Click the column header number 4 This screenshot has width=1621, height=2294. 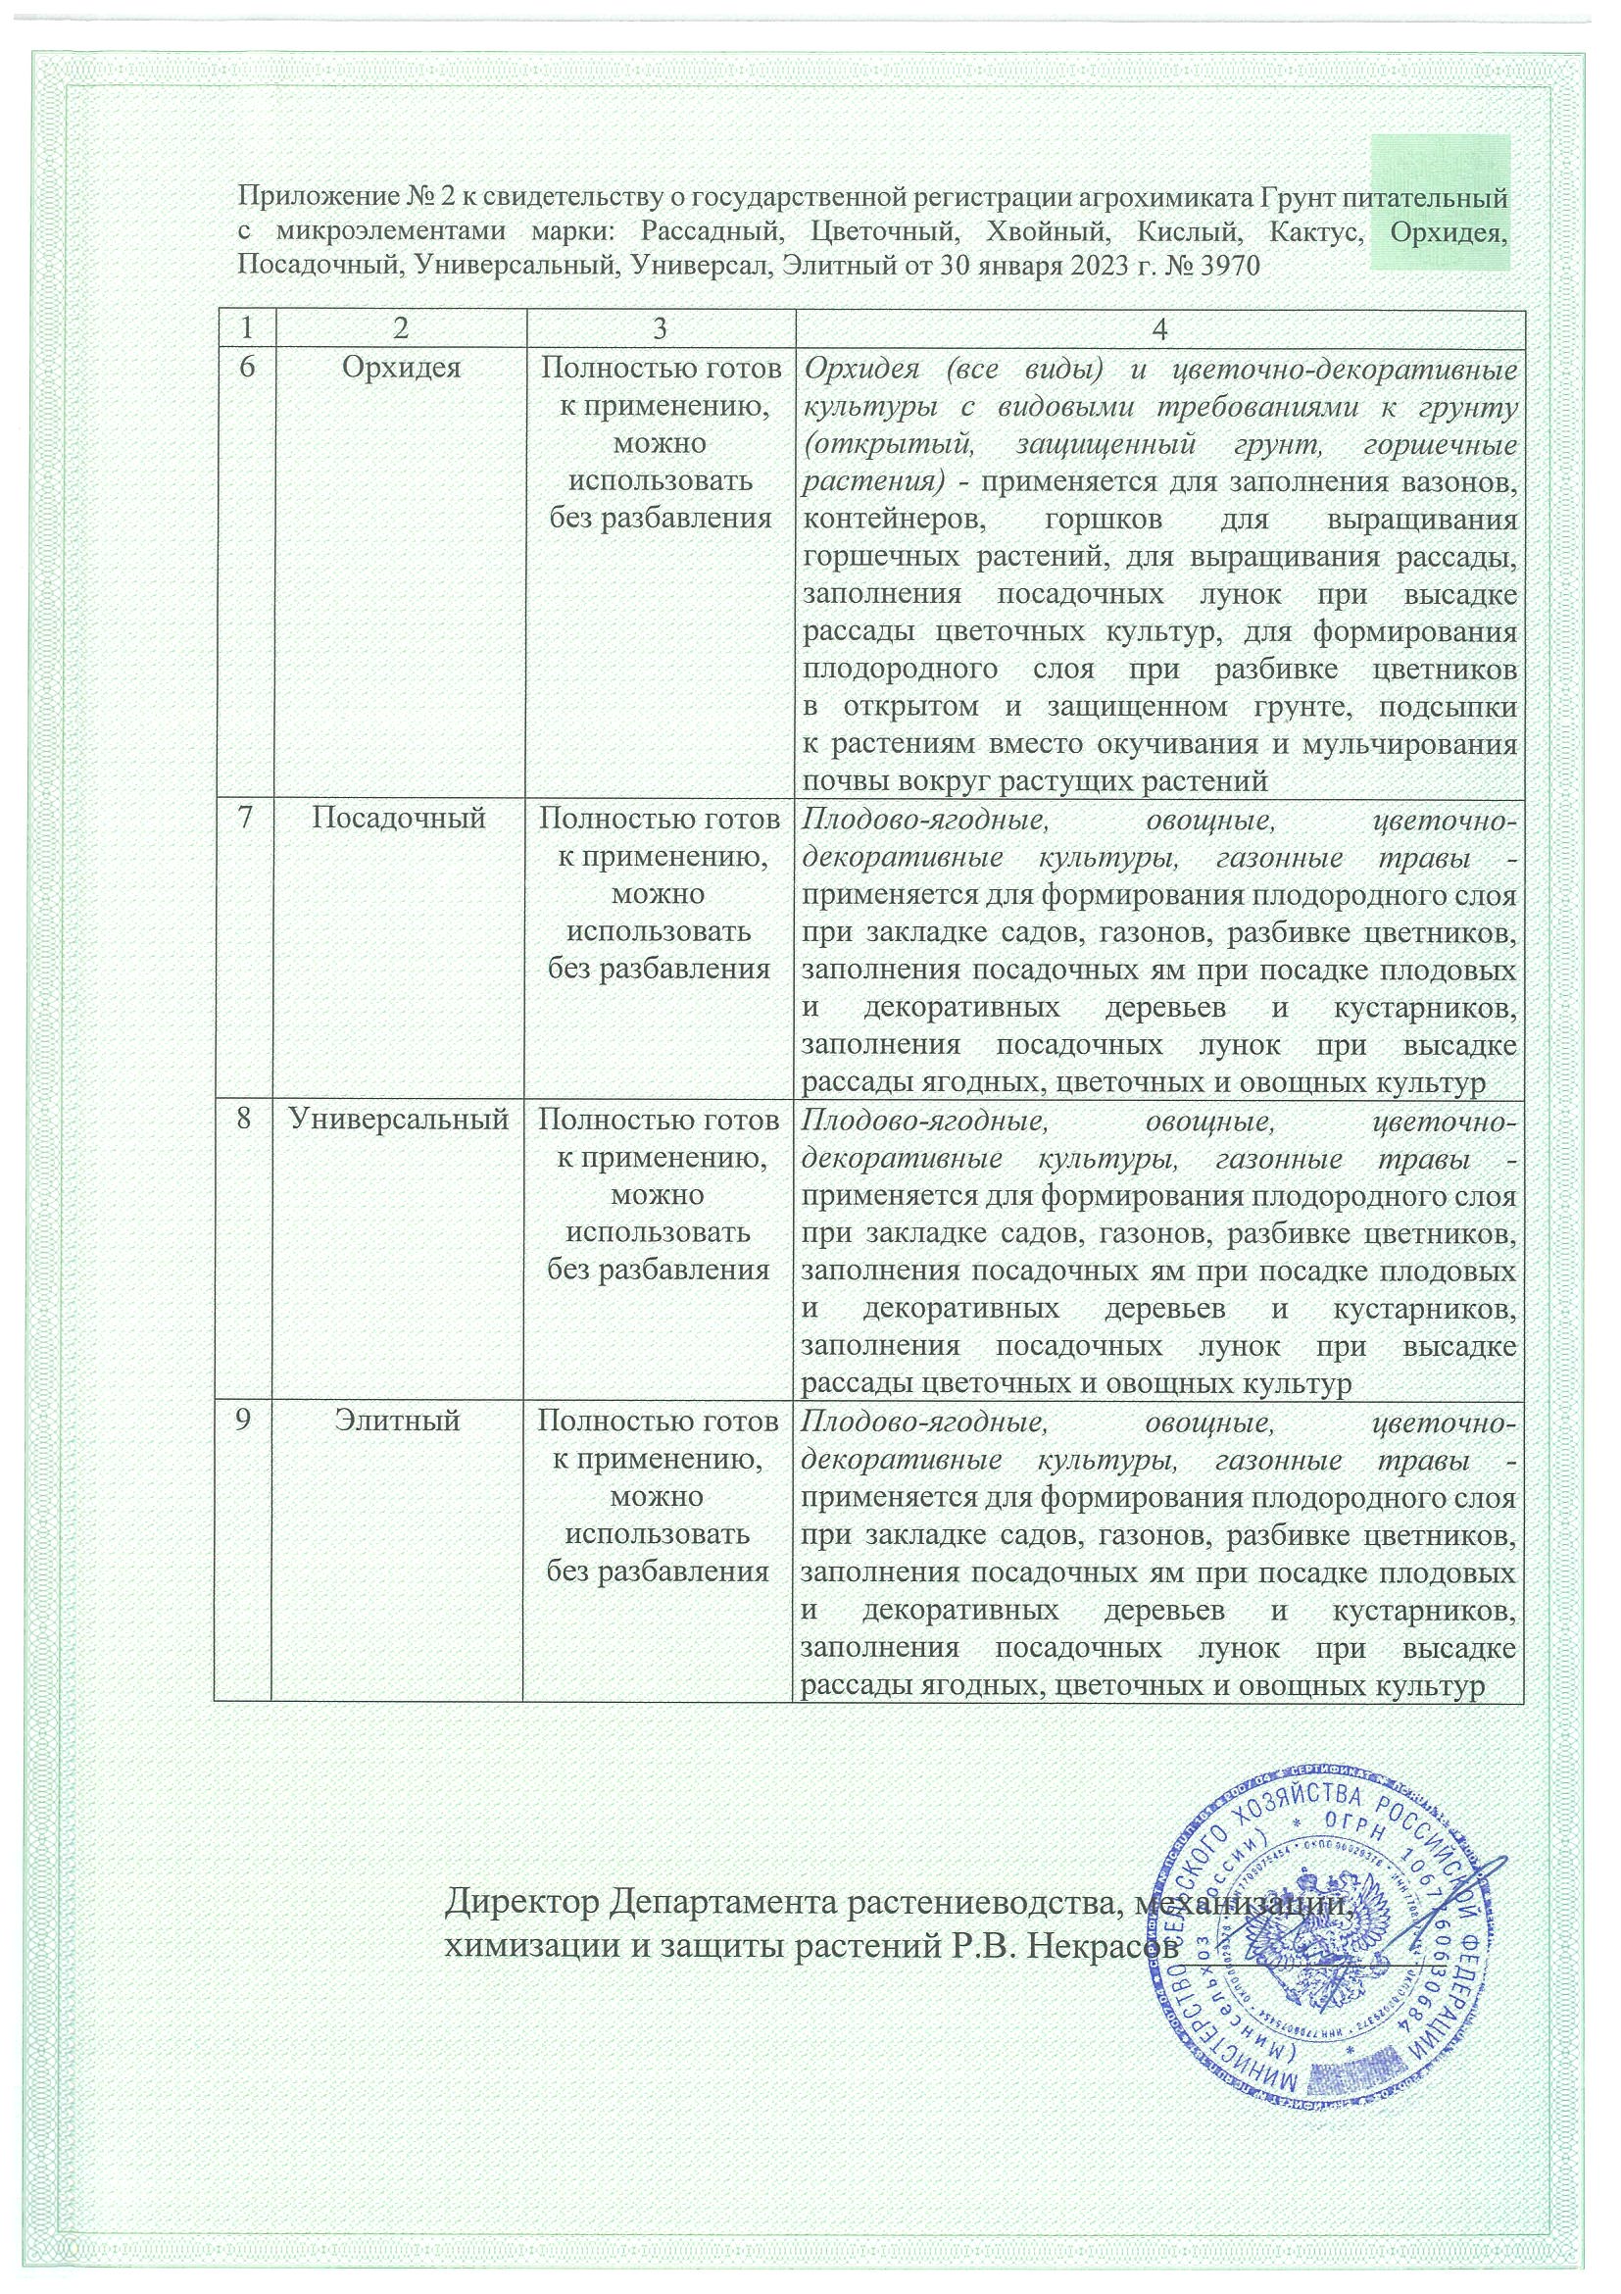1159,328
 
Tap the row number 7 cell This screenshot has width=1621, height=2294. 243,819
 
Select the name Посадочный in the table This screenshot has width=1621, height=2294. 399,819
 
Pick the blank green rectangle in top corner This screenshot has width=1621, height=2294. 1440,203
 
